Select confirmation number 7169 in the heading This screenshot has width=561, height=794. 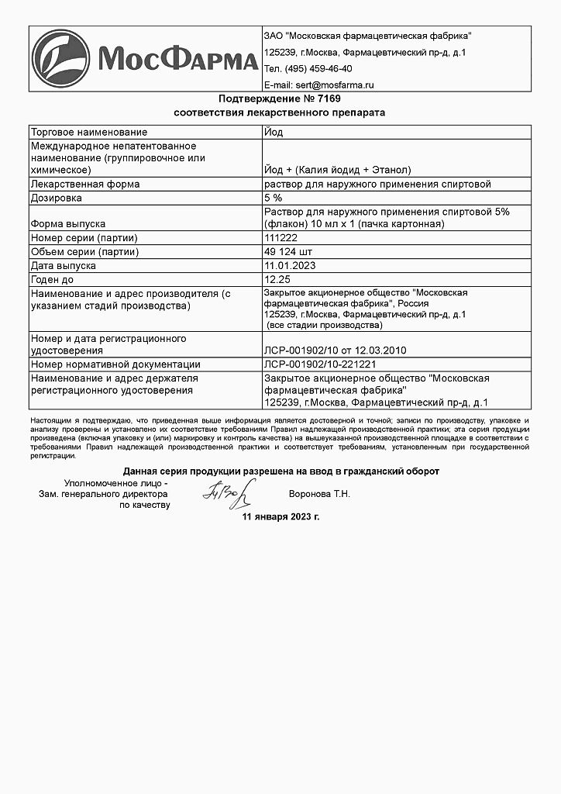(x=329, y=98)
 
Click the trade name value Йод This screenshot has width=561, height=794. (x=274, y=132)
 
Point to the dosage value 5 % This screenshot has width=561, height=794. (x=274, y=198)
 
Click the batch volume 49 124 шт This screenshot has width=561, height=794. (x=290, y=251)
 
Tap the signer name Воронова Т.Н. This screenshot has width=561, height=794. (x=319, y=494)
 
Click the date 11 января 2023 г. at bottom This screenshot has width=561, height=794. (x=280, y=516)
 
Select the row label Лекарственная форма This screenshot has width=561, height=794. (x=84, y=185)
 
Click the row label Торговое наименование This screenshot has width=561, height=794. (x=88, y=132)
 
